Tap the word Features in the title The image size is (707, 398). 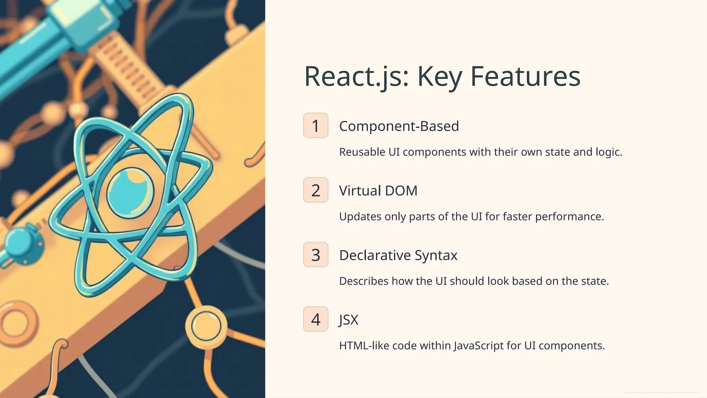(x=525, y=76)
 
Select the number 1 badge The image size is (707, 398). (x=316, y=125)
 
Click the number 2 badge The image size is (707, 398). (x=316, y=190)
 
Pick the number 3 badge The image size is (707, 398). (x=316, y=255)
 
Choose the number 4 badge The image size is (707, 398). (x=316, y=319)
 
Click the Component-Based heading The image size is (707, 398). (x=399, y=126)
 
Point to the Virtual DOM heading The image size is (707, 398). (x=378, y=191)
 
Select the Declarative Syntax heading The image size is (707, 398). (x=398, y=255)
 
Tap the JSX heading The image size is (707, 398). (x=349, y=320)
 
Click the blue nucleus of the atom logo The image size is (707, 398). (x=130, y=193)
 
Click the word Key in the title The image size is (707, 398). (x=439, y=76)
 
